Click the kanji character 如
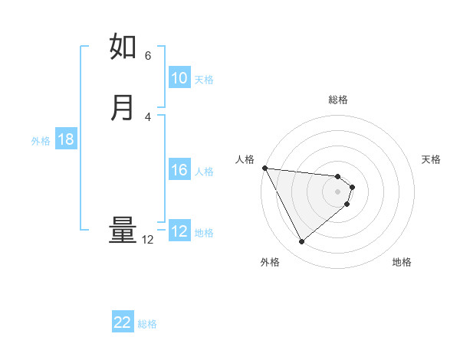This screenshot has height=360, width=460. click(x=123, y=47)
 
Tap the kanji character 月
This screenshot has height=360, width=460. click(x=123, y=108)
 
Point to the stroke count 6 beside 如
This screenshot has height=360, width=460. click(x=148, y=56)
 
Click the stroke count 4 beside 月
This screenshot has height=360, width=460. click(x=148, y=116)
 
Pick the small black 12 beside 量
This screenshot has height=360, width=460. click(x=148, y=240)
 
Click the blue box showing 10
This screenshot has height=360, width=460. click(x=179, y=78)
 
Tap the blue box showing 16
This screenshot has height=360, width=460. click(x=179, y=170)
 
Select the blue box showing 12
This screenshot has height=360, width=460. click(x=179, y=231)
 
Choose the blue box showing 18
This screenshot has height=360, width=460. click(x=66, y=139)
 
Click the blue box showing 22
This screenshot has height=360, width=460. click(x=123, y=323)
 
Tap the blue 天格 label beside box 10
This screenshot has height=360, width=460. click(x=204, y=80)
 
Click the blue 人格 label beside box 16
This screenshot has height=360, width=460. click(x=204, y=172)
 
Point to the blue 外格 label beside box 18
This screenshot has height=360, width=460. click(x=41, y=141)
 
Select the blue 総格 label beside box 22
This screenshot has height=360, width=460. click(x=147, y=325)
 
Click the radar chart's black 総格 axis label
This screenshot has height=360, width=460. click(x=338, y=100)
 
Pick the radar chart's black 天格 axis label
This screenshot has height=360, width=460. click(x=431, y=159)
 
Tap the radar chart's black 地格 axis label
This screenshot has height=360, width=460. click(x=402, y=262)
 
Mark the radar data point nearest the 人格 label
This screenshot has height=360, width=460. click(x=264, y=168)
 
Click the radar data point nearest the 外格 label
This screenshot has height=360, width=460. click(x=301, y=242)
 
